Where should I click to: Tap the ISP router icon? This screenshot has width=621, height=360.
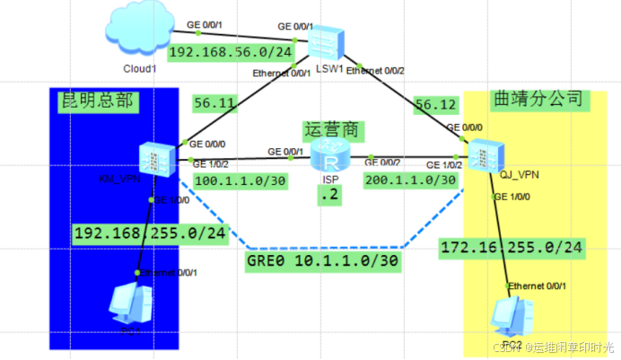pos(331,159)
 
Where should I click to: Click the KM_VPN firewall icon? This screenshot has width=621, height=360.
pos(152,160)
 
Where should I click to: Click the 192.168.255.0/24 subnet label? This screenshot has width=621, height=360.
pos(152,233)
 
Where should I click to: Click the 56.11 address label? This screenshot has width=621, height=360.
pos(214,104)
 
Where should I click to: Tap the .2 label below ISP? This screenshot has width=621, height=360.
pos(331,197)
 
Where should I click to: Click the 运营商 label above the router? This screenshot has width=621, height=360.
pos(333,130)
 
